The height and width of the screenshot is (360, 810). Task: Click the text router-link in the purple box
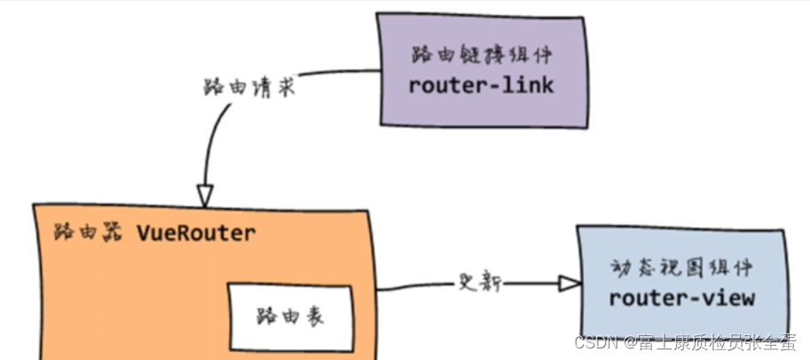click(x=481, y=86)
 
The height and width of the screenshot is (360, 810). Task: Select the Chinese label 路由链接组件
click(x=481, y=55)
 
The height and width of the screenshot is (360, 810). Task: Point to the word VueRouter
click(x=196, y=233)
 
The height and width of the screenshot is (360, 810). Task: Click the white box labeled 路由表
click(x=290, y=315)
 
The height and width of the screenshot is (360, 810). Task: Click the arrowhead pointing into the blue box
click(x=569, y=284)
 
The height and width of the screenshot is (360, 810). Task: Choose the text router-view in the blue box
click(x=681, y=298)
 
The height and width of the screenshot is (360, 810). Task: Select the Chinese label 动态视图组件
click(x=681, y=267)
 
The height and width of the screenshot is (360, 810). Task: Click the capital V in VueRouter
click(x=144, y=233)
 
